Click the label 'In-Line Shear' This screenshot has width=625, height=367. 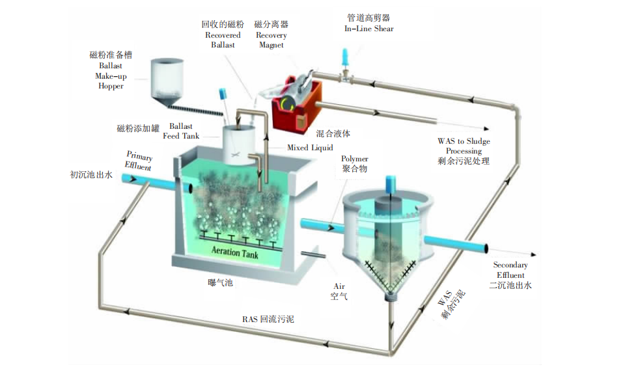(369, 29)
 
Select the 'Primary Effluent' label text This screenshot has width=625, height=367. (139, 161)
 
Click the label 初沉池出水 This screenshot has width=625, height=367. (92, 174)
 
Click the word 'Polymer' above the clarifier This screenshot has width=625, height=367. (355, 159)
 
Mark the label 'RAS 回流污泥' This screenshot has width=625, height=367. (268, 319)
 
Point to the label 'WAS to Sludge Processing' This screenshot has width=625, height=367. (464, 146)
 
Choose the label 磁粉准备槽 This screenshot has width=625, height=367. (110, 55)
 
